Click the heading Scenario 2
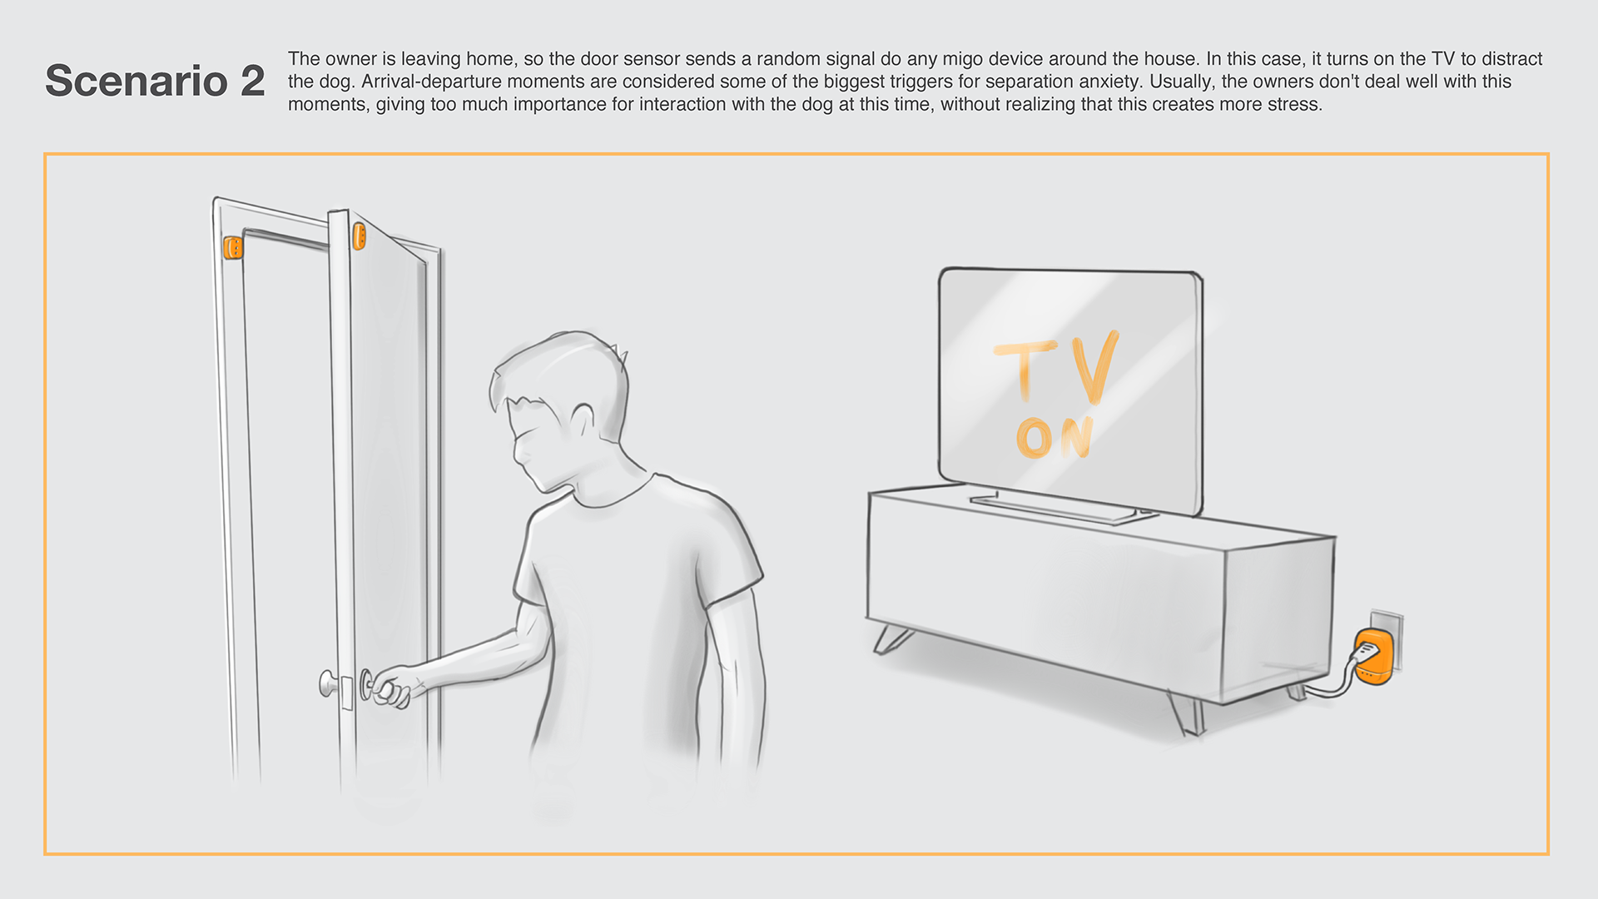point(155,81)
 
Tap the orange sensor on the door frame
point(233,247)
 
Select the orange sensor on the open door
point(359,236)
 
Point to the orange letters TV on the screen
point(1057,370)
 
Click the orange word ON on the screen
point(1055,437)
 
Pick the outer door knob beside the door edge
point(330,684)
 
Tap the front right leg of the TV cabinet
point(1187,714)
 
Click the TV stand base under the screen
point(1064,506)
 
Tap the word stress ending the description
point(1295,105)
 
